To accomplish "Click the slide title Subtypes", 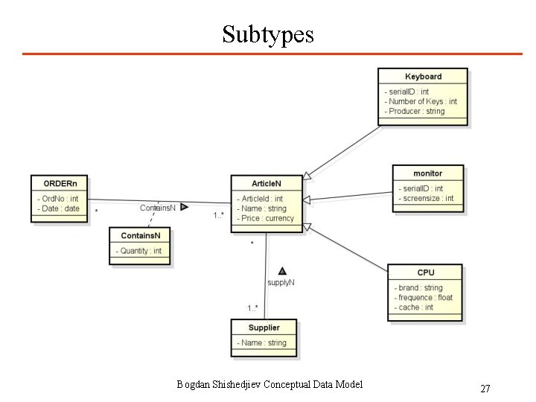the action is (268, 34).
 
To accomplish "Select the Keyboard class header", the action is (423, 77).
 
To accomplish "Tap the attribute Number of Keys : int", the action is (421, 101).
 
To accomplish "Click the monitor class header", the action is (427, 173).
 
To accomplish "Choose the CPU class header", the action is (425, 272).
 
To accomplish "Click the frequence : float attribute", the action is (425, 298).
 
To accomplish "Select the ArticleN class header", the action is (267, 183).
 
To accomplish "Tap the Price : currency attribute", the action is (267, 219).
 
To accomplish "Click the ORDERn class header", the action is (65, 183).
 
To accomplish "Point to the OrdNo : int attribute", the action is (59, 199).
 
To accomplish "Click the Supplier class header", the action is (264, 328).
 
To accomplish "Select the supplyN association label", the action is (281, 283).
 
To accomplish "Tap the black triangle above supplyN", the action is (283, 270).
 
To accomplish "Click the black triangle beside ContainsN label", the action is (185, 208).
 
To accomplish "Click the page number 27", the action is (485, 389).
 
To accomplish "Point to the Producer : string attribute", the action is (415, 112).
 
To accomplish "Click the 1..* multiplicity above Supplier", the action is (253, 307).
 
